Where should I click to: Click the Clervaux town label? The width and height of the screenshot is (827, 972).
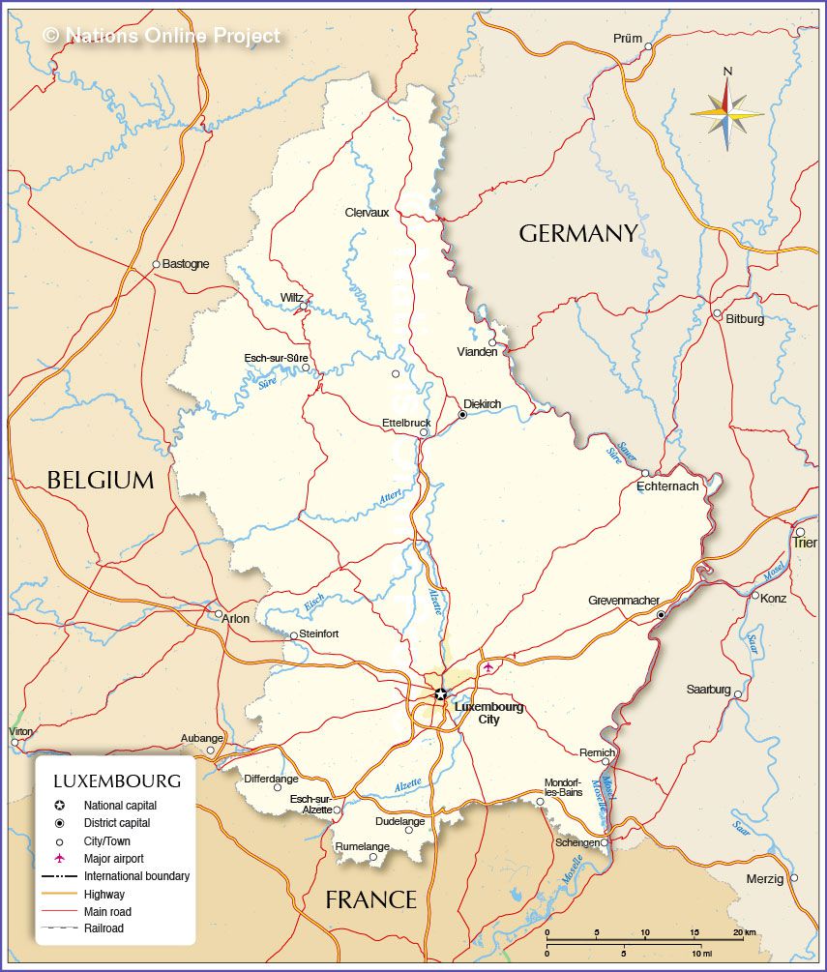click(367, 213)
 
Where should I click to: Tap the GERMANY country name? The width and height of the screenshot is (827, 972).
click(578, 233)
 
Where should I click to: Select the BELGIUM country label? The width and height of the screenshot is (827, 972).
click(101, 480)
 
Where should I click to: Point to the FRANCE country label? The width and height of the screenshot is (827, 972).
click(370, 899)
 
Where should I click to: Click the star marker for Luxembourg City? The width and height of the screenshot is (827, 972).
click(441, 693)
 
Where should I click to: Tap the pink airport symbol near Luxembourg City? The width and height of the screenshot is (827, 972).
click(487, 666)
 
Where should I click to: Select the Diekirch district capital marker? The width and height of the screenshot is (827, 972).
click(462, 414)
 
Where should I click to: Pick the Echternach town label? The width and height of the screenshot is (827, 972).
click(667, 486)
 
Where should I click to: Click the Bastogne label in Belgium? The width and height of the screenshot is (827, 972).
click(186, 264)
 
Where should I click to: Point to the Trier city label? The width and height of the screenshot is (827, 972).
click(805, 543)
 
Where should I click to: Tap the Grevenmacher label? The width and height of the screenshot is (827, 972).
click(624, 601)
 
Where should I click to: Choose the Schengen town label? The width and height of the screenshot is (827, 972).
click(576, 843)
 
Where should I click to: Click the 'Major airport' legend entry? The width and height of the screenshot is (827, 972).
click(113, 858)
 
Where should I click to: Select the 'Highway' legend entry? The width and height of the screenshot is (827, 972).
click(103, 894)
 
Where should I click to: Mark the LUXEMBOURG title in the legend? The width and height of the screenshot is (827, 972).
click(116, 781)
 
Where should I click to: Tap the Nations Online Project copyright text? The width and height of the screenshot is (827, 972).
click(162, 36)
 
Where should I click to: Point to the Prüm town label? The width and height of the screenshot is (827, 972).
click(627, 39)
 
